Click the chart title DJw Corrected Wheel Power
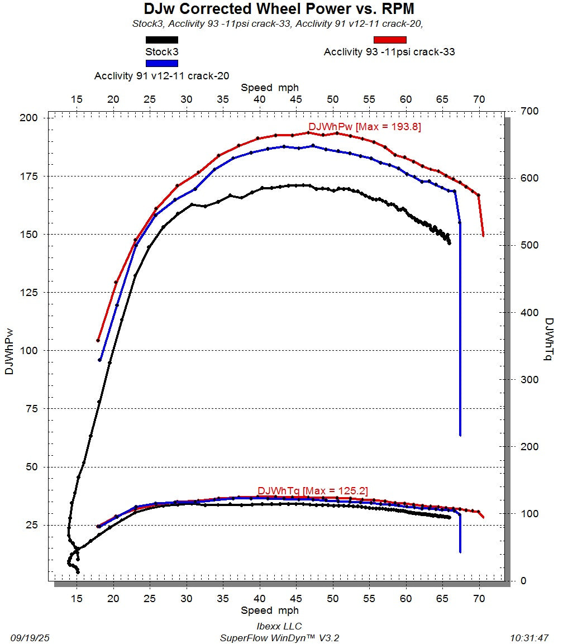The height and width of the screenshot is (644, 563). (279, 9)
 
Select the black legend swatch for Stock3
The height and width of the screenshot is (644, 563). (162, 40)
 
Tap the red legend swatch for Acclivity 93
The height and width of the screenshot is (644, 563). (390, 40)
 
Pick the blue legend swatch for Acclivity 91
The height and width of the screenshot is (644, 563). (162, 64)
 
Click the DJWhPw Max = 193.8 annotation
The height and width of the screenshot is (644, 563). (365, 127)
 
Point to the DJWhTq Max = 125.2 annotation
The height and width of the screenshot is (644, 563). (313, 491)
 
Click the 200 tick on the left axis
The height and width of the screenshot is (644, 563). (28, 118)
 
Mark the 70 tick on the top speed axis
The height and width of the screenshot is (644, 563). (479, 99)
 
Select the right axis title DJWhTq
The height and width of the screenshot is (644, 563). (549, 339)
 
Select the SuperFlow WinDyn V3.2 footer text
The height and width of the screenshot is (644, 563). (279, 638)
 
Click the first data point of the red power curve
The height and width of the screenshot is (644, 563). (98, 340)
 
